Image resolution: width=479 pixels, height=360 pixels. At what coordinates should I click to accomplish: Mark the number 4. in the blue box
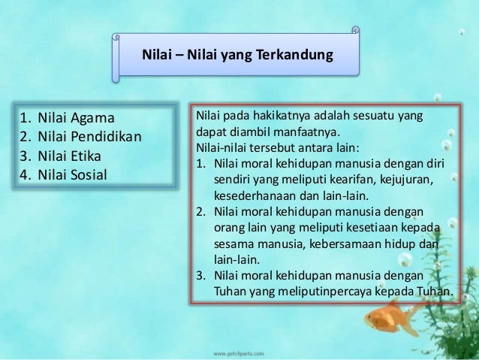[26, 175]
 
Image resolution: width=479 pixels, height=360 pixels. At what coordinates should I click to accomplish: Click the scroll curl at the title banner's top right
[356, 33]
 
